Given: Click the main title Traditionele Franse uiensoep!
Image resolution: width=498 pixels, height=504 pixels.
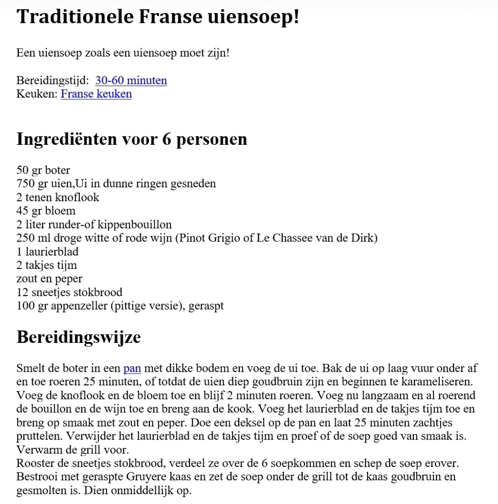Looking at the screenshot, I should (x=157, y=17).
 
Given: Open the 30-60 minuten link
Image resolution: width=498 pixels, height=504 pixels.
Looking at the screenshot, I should (x=131, y=81).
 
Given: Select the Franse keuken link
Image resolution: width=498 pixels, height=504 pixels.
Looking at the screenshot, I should (x=96, y=94).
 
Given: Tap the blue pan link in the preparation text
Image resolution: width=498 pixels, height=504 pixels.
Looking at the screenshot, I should (x=132, y=369).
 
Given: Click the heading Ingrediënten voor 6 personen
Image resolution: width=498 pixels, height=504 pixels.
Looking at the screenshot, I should (x=132, y=139).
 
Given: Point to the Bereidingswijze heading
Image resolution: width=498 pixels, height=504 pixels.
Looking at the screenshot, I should (x=78, y=337).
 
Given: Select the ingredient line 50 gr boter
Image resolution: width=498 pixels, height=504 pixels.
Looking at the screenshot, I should (x=43, y=170).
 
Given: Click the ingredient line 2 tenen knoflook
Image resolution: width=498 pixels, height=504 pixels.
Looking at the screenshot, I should (x=58, y=197).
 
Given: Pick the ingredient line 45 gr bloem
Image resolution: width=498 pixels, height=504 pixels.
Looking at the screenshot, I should (x=46, y=211).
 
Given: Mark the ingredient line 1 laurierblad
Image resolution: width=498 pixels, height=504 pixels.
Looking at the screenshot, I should (x=47, y=252).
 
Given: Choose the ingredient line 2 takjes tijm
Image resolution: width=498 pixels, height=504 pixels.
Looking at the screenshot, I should (x=47, y=265).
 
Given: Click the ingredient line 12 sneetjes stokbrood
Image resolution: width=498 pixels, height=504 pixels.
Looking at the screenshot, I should (x=69, y=293).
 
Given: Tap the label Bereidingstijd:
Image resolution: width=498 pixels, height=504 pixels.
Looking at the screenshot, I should (x=52, y=81).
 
